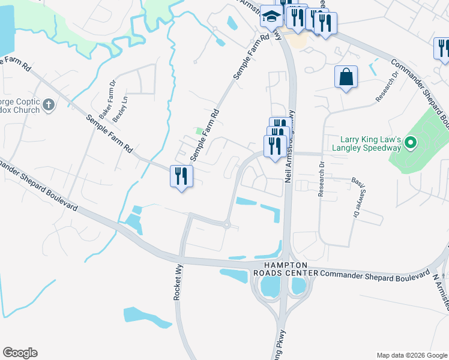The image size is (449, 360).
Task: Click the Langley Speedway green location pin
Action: point(411,143)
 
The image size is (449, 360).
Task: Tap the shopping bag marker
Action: point(346,77)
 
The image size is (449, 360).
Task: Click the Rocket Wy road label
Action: point(178,284)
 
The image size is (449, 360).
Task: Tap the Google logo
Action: point(20,353)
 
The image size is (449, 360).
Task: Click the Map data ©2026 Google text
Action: point(411,355)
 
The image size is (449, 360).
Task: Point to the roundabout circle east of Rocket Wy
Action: point(227,226)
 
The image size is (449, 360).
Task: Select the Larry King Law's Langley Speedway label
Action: point(367,143)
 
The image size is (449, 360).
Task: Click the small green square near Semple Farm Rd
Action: point(199,131)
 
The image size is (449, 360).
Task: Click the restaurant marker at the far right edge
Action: point(443,49)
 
